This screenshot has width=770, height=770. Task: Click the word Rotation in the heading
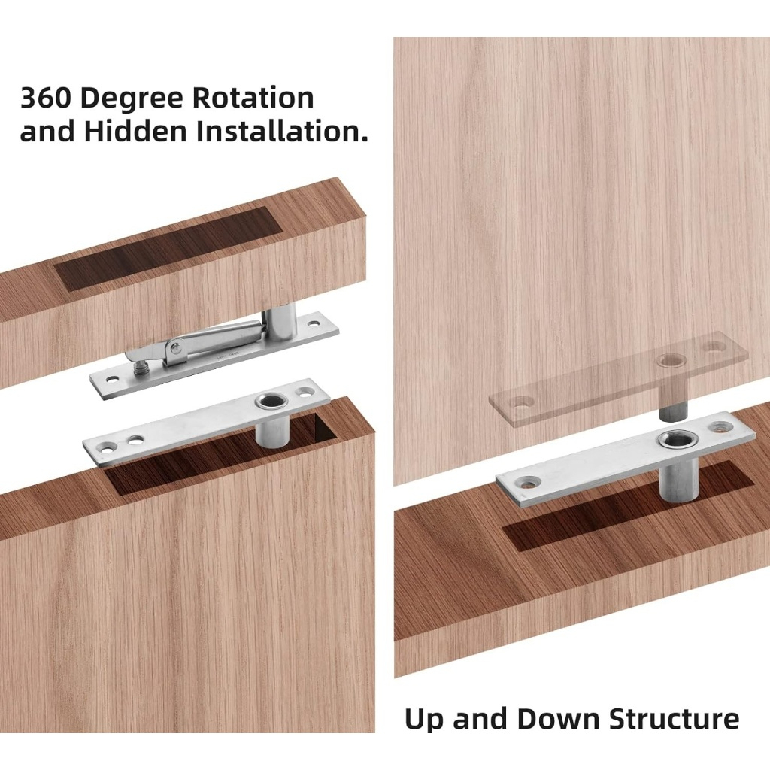pos(253,97)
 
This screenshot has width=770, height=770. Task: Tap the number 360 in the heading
pos(47,97)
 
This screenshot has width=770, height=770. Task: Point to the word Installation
pos(282,131)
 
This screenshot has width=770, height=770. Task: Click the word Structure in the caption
pos(674,719)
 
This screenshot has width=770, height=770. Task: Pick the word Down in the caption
pos(558,719)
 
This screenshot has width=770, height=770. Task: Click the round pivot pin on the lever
pos(175,349)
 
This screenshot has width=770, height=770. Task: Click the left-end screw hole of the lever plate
pos(114,379)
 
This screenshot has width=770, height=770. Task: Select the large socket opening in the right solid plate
pos(674,439)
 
